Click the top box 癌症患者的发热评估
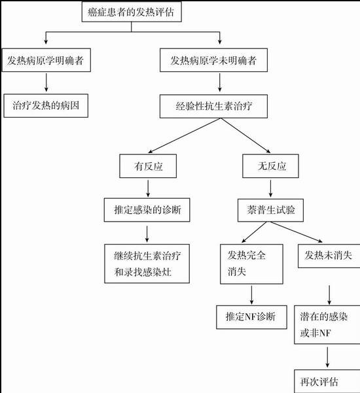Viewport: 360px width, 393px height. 132,12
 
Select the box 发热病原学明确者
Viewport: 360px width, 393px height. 46,60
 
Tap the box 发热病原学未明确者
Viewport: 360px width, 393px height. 213,60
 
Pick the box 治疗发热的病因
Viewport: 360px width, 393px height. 46,105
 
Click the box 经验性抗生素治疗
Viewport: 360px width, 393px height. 213,107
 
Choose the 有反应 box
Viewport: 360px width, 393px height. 148,166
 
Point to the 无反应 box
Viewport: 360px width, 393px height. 270,166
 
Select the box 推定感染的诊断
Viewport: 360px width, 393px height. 147,210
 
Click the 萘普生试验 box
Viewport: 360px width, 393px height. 270,211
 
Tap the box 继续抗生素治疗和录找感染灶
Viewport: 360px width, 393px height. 147,264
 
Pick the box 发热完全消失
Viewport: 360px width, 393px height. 251,264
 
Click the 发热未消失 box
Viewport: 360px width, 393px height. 329,256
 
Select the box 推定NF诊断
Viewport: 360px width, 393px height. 251,317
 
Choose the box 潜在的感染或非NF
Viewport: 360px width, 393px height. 327,324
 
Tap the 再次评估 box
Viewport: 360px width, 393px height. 327,381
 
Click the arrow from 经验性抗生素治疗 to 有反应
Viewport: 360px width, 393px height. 185,135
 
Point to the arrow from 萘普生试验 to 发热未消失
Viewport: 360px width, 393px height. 297,232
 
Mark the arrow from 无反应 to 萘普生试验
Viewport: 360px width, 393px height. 270,188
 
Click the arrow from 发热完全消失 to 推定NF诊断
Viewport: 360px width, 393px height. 251,295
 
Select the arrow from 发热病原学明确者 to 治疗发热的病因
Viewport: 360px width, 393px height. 46,82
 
